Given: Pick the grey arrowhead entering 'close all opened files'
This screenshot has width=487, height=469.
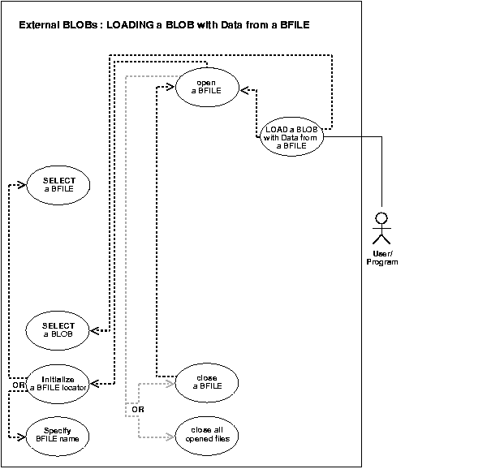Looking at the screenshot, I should coord(170,438).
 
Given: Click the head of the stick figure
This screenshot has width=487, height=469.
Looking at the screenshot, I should coord(380,217).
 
